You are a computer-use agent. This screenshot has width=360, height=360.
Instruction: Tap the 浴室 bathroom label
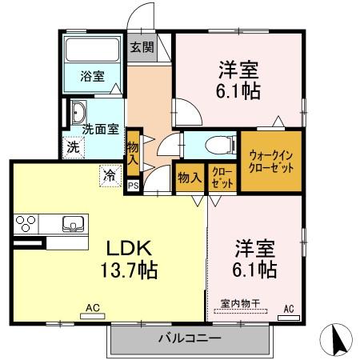point(91,77)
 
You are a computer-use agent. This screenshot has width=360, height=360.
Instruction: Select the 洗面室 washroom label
point(102,128)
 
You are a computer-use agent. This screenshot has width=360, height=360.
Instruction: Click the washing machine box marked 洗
point(73,147)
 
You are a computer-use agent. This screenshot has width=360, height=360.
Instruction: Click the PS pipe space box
point(133,186)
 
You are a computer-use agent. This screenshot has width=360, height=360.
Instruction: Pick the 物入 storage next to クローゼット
point(189,178)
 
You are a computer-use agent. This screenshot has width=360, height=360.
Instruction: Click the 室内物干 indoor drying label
point(246,304)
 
